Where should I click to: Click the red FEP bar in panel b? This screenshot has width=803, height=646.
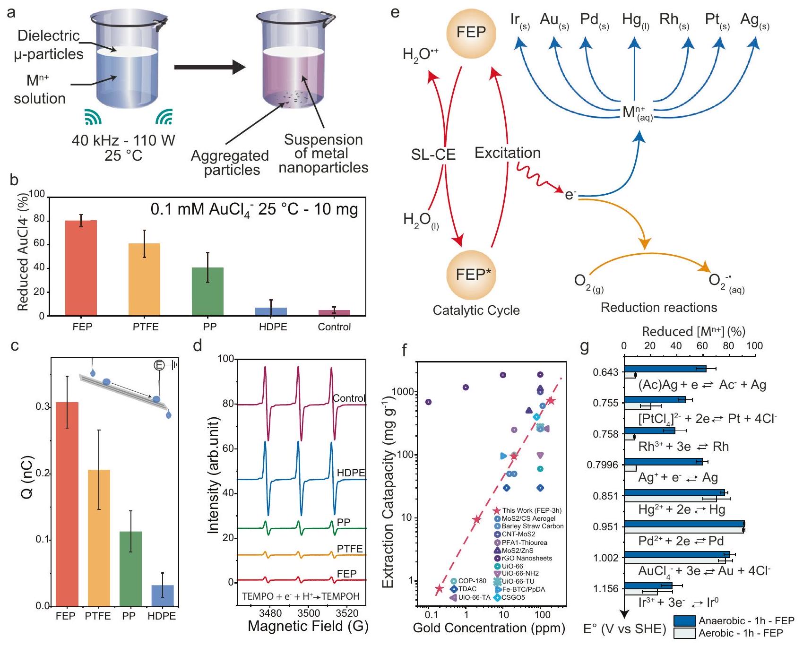click(x=81, y=268)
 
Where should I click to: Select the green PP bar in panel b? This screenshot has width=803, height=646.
click(x=207, y=292)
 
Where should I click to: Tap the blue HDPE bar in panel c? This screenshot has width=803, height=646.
click(x=162, y=596)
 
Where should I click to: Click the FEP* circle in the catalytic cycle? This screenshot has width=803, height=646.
click(x=471, y=275)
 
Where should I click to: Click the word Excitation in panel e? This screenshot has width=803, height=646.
click(x=507, y=153)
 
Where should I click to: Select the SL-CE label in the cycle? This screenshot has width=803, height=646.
click(x=433, y=155)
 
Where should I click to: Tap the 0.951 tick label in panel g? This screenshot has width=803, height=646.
click(x=605, y=527)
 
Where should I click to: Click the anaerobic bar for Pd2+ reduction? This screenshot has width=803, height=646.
click(x=684, y=524)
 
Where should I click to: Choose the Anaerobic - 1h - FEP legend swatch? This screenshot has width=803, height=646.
click(x=684, y=620)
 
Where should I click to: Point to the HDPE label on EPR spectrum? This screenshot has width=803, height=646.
click(x=351, y=473)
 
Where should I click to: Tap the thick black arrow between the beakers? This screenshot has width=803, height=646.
click(x=209, y=67)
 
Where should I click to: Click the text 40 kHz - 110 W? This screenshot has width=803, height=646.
click(x=123, y=140)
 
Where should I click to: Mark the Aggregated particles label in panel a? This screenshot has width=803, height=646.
click(x=230, y=163)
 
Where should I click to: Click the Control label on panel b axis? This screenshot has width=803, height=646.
click(x=334, y=327)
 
